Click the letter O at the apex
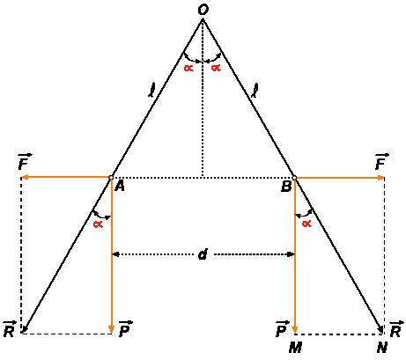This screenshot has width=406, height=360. tap(203, 10)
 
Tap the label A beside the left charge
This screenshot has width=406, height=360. tap(120, 186)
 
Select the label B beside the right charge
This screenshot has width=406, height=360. tap(286, 187)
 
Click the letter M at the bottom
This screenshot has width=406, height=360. tap(295, 348)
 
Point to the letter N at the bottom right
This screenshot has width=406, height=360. tap(382, 348)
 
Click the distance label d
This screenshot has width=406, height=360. tap(203, 254)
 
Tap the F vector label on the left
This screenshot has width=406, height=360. tap(25, 162)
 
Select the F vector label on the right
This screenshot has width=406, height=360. tap(381, 162)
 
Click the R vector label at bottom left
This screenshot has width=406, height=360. tap(10, 329)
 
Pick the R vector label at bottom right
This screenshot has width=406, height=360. tap(396, 329)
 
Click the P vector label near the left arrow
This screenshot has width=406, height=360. tap(125, 329)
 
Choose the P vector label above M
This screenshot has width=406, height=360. tap(283, 329)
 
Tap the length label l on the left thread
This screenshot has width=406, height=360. tap(151, 90)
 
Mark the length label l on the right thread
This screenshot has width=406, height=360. tap(255, 90)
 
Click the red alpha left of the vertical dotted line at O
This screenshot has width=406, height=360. tap(188, 69)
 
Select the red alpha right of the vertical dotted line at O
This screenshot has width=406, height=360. tap(216, 69)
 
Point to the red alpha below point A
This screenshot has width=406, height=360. tap(98, 224)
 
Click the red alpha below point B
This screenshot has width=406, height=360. tap(306, 224)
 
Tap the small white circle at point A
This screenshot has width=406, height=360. tap(111, 177)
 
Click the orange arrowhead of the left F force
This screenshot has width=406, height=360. tap(25, 177)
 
